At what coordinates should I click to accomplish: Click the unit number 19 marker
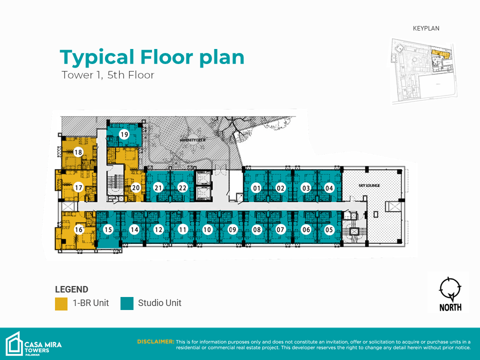[124, 134]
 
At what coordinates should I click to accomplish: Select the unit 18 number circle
[78, 152]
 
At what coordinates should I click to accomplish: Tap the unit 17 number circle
[78, 187]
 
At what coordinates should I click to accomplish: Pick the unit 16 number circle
[78, 229]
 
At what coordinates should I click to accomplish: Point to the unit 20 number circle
[135, 187]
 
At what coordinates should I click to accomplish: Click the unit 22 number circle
[182, 187]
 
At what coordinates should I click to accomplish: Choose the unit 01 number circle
[256, 188]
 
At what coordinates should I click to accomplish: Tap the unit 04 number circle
[329, 188]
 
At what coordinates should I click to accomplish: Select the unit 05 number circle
[329, 229]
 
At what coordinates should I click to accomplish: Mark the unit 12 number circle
[158, 229]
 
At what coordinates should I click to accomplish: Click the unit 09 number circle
[232, 229]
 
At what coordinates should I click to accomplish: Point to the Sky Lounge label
[369, 185]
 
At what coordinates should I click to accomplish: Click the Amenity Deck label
[193, 140]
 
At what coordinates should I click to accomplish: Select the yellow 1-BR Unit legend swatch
[61, 303]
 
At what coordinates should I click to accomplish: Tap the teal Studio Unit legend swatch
[127, 303]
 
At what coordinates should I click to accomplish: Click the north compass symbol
[450, 288]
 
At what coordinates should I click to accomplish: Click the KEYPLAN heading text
[426, 28]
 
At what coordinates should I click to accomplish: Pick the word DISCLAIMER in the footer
[155, 341]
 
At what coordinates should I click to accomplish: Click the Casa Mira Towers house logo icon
[14, 344]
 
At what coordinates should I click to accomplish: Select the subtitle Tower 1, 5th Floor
[108, 75]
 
